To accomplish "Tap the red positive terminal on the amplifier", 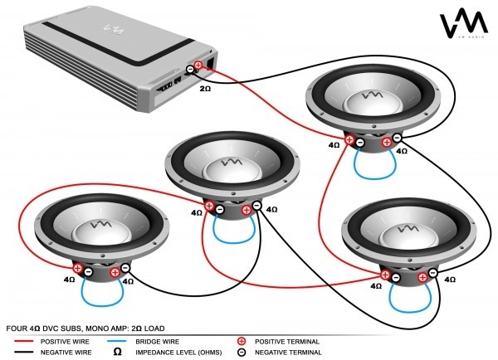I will pos(198,66).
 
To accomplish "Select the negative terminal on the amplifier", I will pos(190,73).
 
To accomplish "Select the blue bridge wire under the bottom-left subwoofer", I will pos(100,295).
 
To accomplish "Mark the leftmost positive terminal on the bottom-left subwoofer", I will pos(77,268).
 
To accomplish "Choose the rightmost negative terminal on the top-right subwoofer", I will pos(398,138).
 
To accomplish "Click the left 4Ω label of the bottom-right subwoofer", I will pos(375,285).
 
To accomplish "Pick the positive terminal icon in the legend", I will pos(242,341).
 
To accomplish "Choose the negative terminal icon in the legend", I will pos(242,352).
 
